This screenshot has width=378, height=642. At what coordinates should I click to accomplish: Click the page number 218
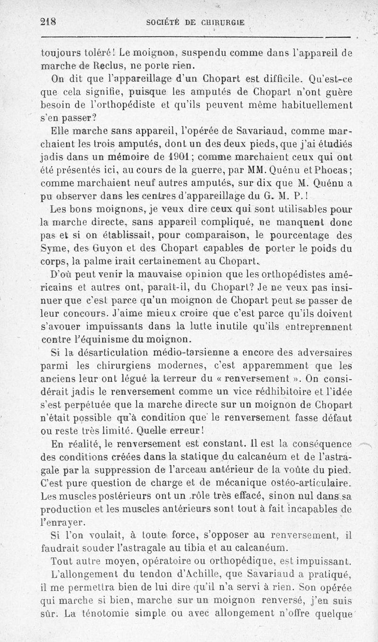(x=48, y=21)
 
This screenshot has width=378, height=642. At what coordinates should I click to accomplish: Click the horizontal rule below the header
(x=196, y=37)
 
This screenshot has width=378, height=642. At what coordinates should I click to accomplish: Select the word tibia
(x=190, y=548)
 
